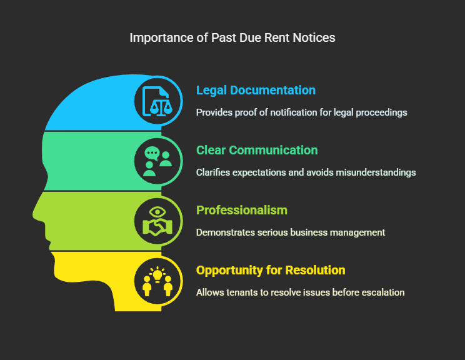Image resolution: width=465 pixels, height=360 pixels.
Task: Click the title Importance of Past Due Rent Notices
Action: point(232,37)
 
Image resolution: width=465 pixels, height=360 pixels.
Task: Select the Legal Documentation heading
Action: point(256,90)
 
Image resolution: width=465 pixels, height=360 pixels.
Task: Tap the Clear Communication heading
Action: point(257,150)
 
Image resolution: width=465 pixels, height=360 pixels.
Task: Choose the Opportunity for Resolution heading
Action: point(271,270)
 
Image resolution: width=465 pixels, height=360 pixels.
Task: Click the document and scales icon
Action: point(157,101)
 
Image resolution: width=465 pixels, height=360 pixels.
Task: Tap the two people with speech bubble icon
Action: point(157,161)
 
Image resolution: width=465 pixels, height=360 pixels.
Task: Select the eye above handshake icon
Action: point(157,221)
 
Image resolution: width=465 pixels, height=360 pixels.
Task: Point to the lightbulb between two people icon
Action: point(157,281)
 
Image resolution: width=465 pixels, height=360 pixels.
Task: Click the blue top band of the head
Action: point(94,106)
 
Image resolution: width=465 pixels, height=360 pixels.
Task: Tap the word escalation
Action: point(383,292)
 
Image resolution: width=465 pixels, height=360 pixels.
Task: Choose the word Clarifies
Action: point(212,172)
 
